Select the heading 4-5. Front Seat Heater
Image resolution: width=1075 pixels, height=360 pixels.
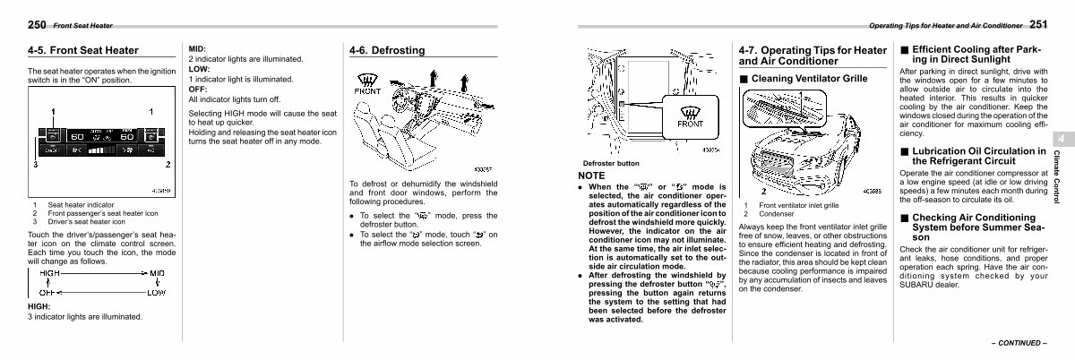(x=82, y=51)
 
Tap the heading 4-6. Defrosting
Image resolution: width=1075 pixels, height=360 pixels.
(x=387, y=51)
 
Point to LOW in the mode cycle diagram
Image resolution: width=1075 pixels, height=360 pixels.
(x=156, y=292)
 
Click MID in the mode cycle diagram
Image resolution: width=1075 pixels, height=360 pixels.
(x=156, y=272)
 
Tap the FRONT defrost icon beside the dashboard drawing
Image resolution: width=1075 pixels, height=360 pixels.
(x=367, y=86)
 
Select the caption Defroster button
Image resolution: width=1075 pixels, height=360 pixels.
(x=611, y=163)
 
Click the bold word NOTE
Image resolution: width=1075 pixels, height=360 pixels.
(x=592, y=176)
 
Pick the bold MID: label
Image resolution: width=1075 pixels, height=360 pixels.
(x=198, y=49)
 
